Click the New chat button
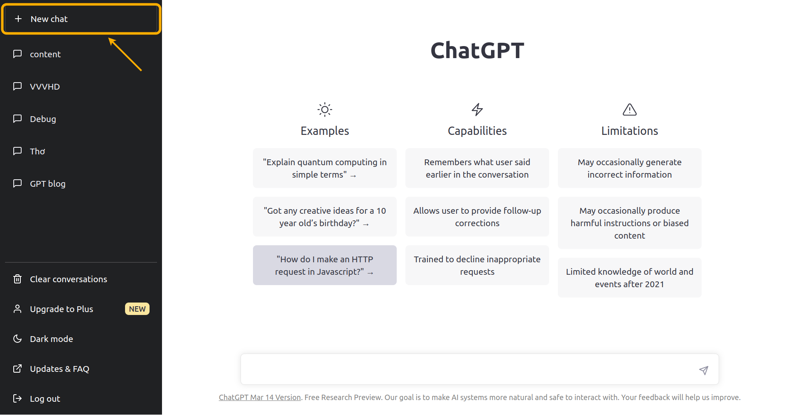coord(81,19)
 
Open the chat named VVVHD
coord(45,87)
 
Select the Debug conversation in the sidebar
coord(43,119)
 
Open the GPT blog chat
coord(48,184)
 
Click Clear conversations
coord(69,279)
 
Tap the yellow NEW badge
coord(137,309)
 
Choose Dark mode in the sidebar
coord(52,339)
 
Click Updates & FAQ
coord(59,369)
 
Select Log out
coord(45,399)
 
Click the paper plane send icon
coord(704,370)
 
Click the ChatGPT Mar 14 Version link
coord(260,398)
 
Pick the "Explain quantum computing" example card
coord(325,168)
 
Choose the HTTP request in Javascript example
coord(325,265)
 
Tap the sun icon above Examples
coord(325,110)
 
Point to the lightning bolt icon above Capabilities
coord(477,110)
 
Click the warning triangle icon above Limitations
coord(630,110)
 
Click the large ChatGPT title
coord(477,51)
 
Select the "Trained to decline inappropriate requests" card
coord(477,265)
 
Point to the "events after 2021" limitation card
coord(630,278)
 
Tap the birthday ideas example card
coord(325,217)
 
